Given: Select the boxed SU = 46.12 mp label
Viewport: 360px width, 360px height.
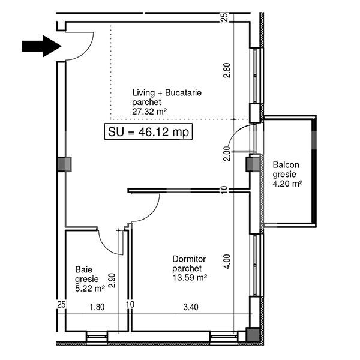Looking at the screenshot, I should coord(148,133).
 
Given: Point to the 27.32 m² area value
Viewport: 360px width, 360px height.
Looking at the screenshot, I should coord(149,111).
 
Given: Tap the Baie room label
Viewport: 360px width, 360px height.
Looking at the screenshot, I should coord(83,269).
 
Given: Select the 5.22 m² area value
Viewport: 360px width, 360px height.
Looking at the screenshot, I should coord(90,288).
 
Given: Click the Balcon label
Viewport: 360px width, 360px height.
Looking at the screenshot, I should coord(286,164).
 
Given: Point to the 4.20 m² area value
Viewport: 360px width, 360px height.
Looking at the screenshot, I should coord(287,184).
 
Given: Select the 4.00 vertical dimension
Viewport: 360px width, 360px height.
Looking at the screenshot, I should coord(226,263).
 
